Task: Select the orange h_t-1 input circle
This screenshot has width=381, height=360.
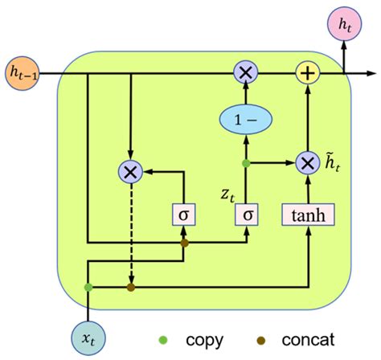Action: tap(23, 73)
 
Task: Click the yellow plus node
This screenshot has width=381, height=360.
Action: tap(306, 73)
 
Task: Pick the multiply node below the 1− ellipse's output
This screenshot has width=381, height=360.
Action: tap(246, 73)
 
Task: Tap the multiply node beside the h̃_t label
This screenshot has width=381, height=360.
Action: tap(306, 164)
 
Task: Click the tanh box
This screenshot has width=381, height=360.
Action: tap(306, 215)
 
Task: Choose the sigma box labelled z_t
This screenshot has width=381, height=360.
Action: tap(246, 215)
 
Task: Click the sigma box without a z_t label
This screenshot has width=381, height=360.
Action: tap(184, 215)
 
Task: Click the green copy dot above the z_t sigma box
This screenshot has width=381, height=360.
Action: tap(246, 164)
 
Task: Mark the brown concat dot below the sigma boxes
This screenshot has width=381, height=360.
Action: tap(184, 243)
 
